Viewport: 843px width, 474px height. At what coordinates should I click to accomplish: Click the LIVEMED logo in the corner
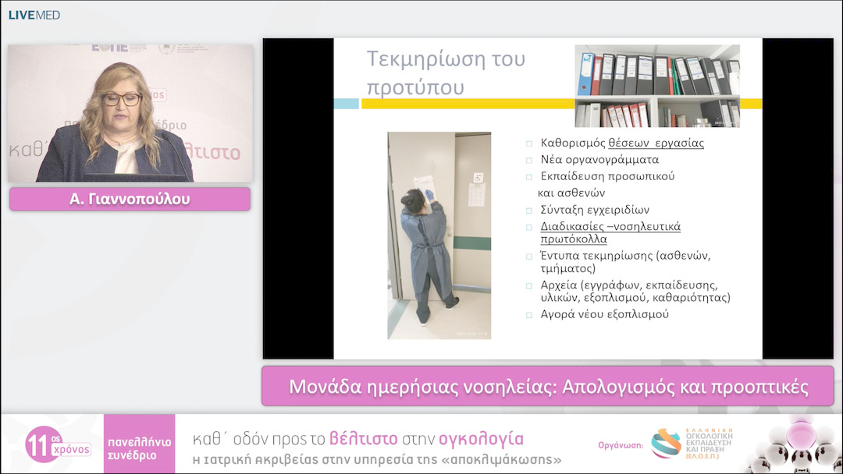pyautogui.click(x=34, y=15)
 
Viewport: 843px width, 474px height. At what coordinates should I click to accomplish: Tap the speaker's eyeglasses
pyautogui.click(x=122, y=99)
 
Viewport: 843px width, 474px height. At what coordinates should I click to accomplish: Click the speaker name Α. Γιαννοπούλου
pyautogui.click(x=130, y=199)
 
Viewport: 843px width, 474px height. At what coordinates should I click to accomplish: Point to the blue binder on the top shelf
pyautogui.click(x=585, y=74)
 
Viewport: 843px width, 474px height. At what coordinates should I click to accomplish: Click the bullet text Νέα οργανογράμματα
pyautogui.click(x=589, y=160)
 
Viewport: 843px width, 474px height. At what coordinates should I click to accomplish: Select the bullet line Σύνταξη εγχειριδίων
pyautogui.click(x=595, y=210)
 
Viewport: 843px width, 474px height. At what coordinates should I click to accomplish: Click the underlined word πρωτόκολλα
pyautogui.click(x=574, y=239)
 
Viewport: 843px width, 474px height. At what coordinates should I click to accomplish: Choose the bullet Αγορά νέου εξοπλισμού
pyautogui.click(x=604, y=314)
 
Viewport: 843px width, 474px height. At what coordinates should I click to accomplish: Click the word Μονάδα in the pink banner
pyautogui.click(x=320, y=387)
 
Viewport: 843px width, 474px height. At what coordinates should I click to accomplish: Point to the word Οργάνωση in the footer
pyautogui.click(x=620, y=445)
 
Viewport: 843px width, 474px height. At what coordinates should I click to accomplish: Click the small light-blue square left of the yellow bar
pyautogui.click(x=346, y=104)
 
